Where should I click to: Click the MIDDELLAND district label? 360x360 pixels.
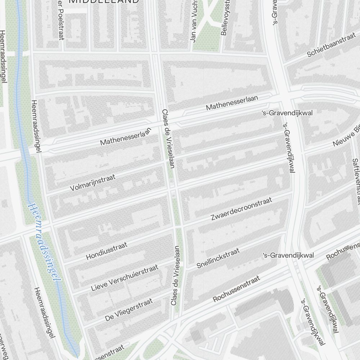[104, 1]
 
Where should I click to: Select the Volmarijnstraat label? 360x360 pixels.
[93, 183]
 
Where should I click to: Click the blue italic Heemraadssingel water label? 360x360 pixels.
[44, 240]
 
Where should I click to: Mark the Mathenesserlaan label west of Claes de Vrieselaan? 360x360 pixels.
[125, 137]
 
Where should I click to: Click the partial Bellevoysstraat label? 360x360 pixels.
[225, 17]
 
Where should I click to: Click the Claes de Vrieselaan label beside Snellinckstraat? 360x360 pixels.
[176, 276]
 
